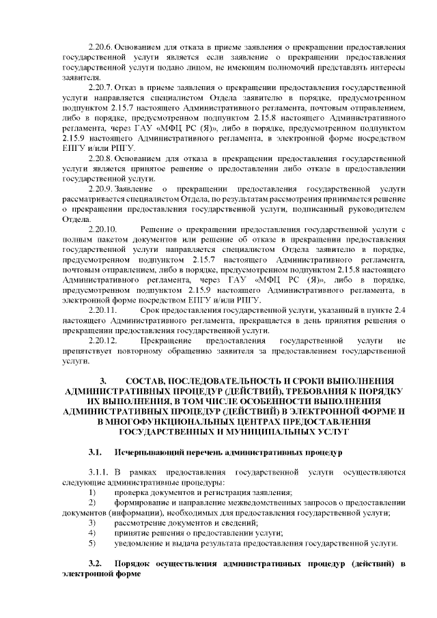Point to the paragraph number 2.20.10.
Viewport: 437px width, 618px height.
pyautogui.click(x=103, y=227)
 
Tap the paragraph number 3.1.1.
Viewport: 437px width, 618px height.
pyautogui.click(x=99, y=472)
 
